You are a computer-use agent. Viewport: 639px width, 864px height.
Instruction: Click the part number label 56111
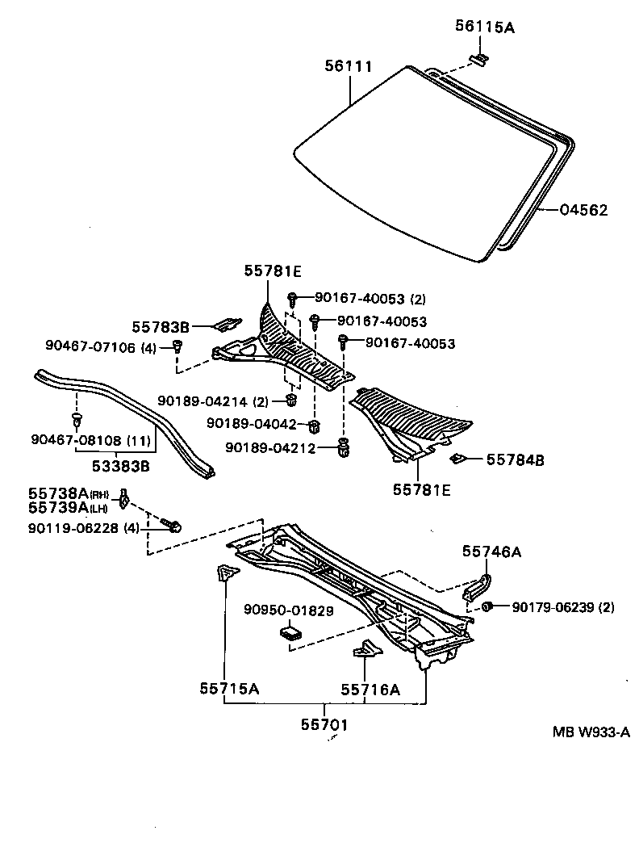coord(348,67)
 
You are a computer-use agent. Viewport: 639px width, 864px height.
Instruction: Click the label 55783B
coord(161,327)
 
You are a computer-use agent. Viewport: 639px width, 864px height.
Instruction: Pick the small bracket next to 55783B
coord(226,324)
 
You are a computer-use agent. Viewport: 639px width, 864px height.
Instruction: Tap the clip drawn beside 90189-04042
coord(315,425)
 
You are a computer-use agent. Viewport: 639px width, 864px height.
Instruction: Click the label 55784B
coord(515,459)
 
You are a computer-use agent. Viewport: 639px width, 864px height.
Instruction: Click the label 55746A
coord(491,552)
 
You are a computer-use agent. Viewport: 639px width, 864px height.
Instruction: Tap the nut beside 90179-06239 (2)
coord(488,606)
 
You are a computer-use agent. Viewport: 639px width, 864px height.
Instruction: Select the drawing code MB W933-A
coord(591,732)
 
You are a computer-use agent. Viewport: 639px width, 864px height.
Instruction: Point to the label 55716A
coord(370,689)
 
